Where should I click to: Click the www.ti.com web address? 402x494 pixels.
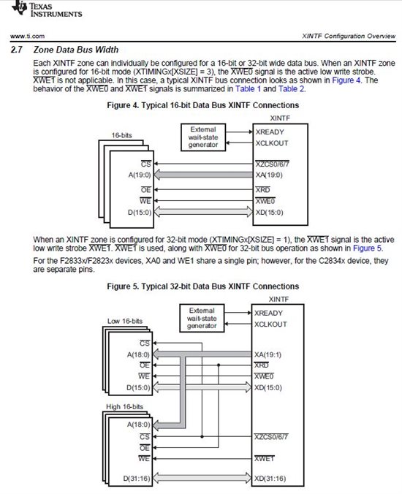click(29, 36)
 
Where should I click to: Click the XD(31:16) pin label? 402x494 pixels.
click(270, 479)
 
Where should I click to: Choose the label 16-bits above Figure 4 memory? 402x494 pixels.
click(122, 135)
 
